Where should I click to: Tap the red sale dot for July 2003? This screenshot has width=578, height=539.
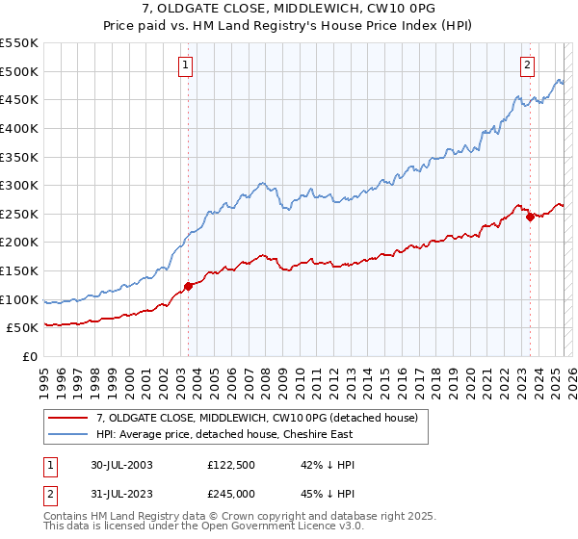pos(189,286)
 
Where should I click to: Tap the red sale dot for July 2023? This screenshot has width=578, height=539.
pos(530,217)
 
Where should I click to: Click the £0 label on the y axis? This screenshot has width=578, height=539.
pos(30,356)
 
